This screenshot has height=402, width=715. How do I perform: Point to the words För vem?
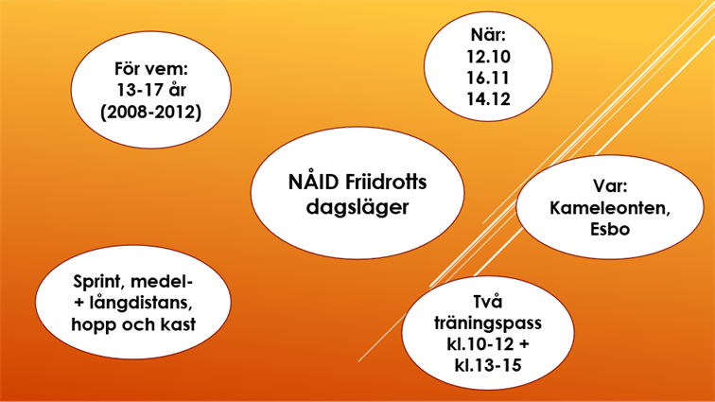tap(151, 70)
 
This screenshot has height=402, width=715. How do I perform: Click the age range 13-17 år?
tap(151, 92)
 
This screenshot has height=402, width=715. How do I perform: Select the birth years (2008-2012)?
tap(151, 114)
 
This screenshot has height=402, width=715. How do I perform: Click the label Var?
tap(610, 187)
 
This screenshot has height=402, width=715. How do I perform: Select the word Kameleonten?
tap(610, 209)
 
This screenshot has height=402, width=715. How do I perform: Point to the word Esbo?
tap(610, 231)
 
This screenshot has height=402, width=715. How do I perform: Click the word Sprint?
tap(100, 282)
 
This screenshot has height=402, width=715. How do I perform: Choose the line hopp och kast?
tap(132, 325)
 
